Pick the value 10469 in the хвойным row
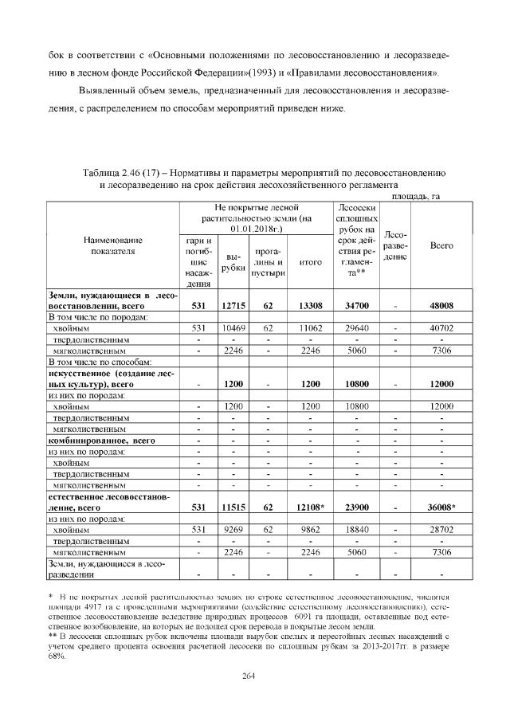click(x=233, y=327)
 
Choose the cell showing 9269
click(x=233, y=529)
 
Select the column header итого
click(x=309, y=261)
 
